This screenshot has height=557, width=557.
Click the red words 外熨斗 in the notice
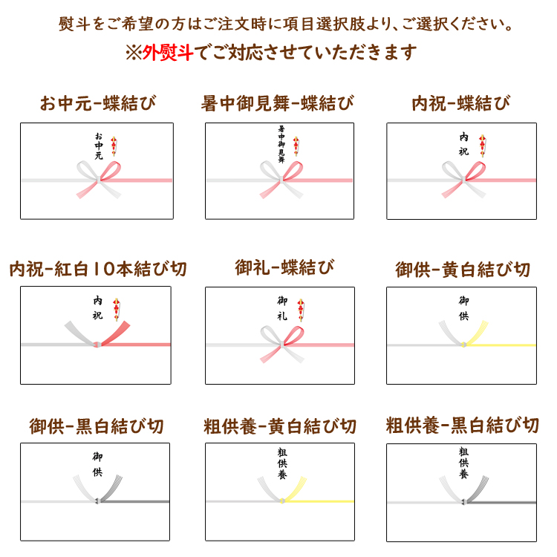coord(168,53)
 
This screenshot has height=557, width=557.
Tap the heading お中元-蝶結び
coord(98,103)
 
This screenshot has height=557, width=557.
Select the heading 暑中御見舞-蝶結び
coord(278,103)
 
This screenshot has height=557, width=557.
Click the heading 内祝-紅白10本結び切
coord(98,269)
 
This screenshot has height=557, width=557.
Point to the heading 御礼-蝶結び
coord(284,267)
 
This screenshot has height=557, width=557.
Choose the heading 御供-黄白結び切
coord(463,270)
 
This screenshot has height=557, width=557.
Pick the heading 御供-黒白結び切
coord(97,426)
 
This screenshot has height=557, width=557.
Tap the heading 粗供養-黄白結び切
coord(279,426)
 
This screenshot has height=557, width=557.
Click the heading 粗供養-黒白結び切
coord(462,426)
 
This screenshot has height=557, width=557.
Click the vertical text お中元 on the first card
coord(99,146)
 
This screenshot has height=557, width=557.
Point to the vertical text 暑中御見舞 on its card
coord(281,144)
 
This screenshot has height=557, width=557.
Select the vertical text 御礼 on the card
coord(282,308)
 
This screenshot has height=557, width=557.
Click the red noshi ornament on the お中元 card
coord(114,146)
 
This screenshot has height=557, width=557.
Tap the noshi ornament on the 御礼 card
coord(301,310)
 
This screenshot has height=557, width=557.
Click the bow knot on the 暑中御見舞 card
coord(281,180)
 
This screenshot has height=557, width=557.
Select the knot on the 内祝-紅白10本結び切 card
coord(97,344)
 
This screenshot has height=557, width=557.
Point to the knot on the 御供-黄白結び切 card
coord(463,345)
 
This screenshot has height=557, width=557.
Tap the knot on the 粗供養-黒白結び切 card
coord(463,502)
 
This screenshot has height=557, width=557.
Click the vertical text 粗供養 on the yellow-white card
coord(282,463)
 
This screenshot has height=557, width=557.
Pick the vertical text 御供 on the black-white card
coord(97,464)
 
